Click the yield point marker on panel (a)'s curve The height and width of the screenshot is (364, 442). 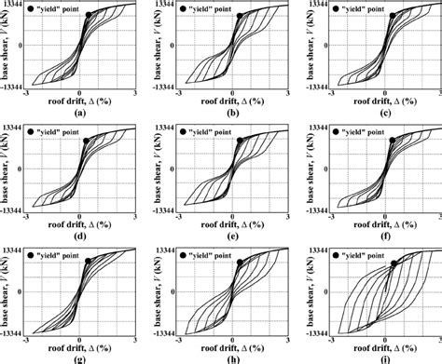tap(89, 16)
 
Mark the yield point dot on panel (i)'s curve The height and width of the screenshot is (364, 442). tap(394, 263)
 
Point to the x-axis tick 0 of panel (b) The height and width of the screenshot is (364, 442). tap(234, 92)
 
